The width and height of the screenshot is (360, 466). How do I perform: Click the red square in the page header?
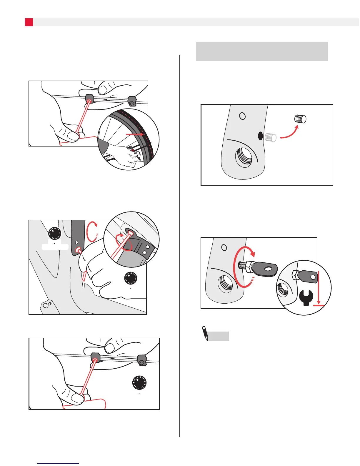point(29,22)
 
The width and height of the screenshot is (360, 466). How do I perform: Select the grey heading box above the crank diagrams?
point(261,51)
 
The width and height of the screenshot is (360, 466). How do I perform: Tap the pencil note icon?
point(205,333)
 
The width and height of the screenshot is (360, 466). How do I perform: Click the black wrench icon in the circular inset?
point(306,298)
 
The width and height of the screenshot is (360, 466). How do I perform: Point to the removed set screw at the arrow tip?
point(300,119)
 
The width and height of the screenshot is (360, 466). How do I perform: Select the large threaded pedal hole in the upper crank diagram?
point(244,157)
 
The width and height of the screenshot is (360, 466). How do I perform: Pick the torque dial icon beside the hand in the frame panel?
point(131,278)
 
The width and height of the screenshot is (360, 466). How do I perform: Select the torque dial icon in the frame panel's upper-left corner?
point(55,233)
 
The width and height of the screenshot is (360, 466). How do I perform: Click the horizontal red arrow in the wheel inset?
point(135,134)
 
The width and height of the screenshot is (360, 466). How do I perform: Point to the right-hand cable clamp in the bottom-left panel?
point(142,360)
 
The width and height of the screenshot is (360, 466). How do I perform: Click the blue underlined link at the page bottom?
point(58,463)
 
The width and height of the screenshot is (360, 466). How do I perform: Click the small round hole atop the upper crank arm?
point(242,116)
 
